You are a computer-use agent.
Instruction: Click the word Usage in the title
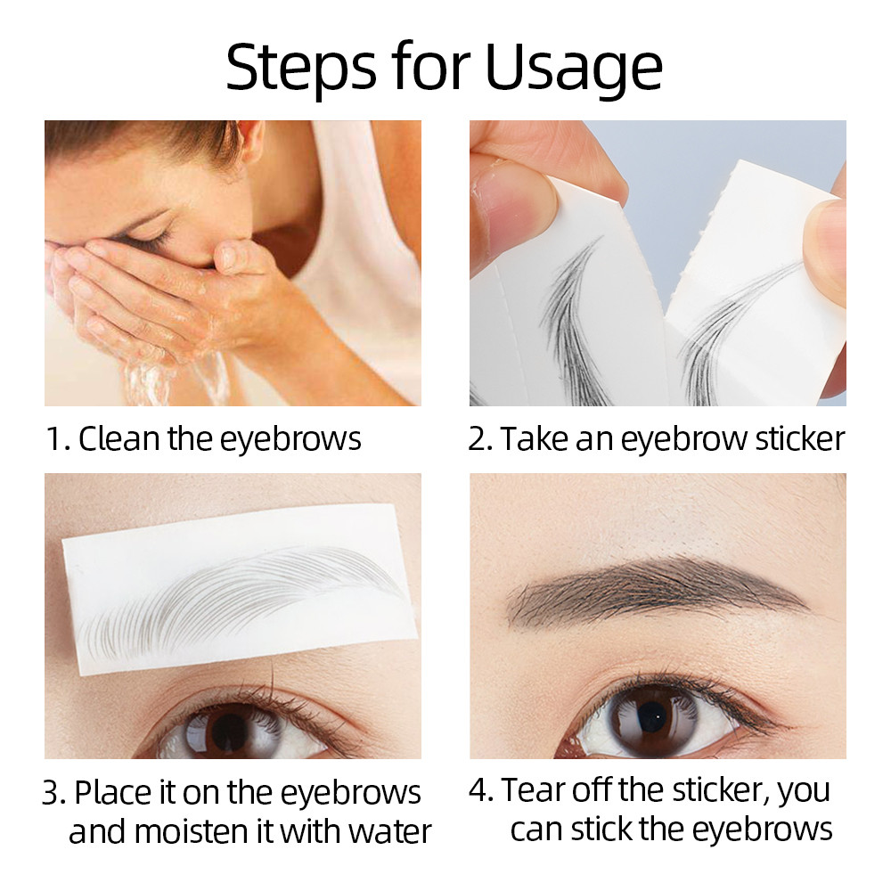point(574,68)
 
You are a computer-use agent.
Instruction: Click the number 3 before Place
point(52,792)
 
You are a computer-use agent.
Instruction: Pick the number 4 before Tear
point(478,789)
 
